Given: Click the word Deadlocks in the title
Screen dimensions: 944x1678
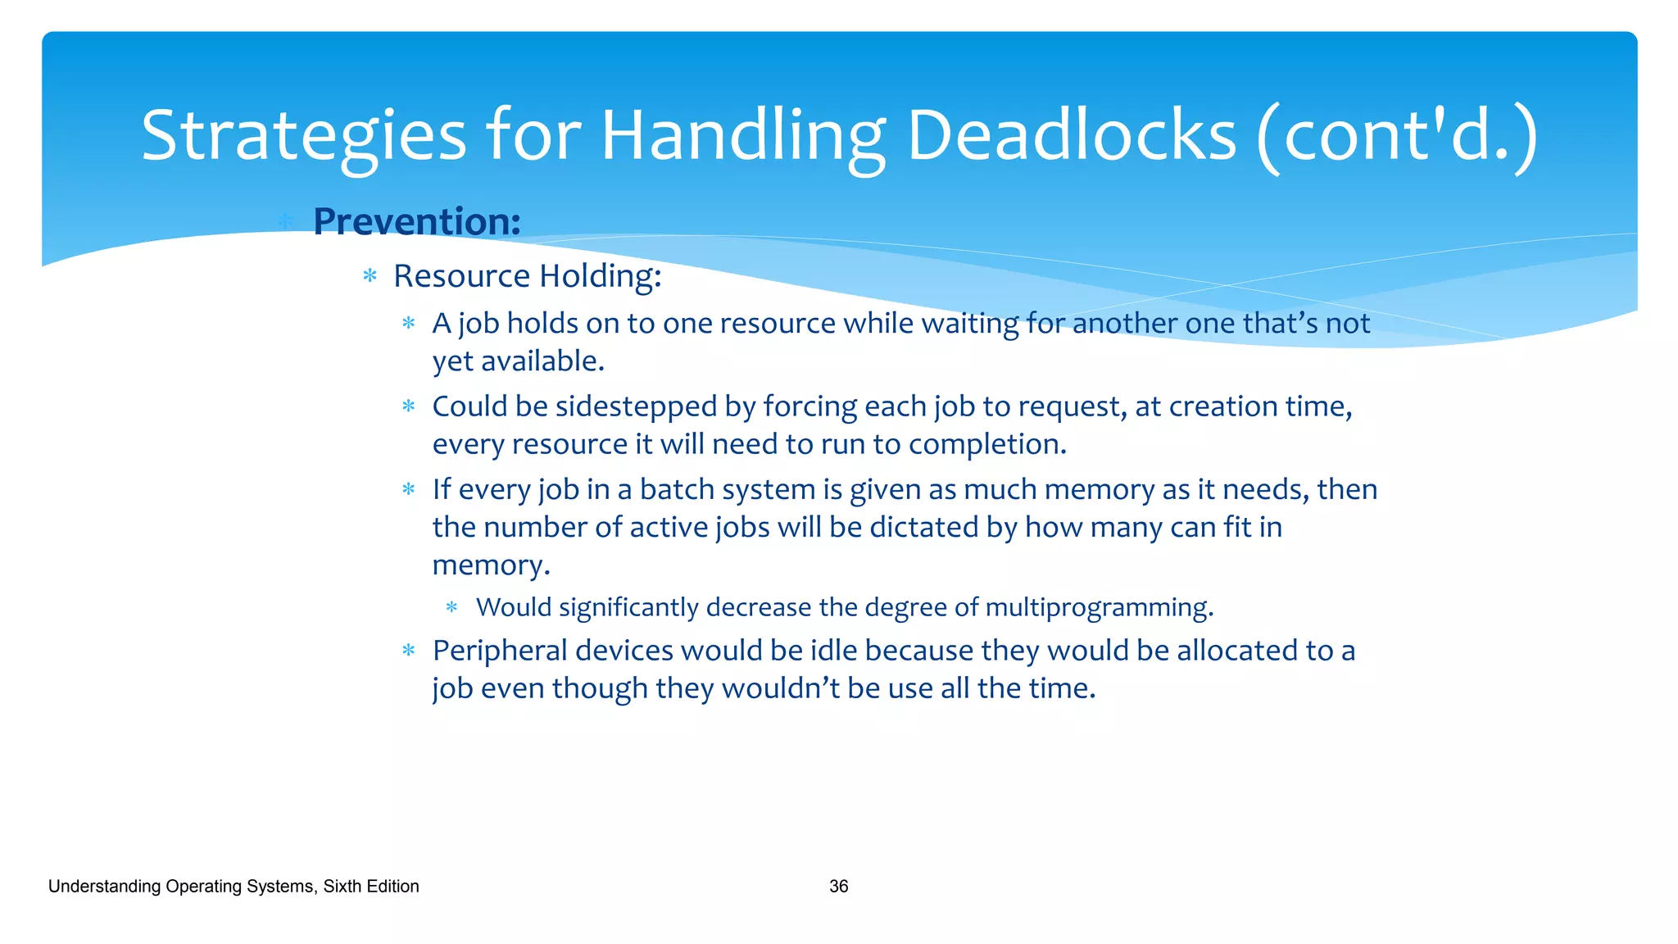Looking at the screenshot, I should (1070, 135).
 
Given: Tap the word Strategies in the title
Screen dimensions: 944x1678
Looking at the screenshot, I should (303, 135).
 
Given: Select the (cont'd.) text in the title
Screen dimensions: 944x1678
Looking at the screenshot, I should (1397, 135).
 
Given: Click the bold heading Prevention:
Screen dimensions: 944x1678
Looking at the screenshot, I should (416, 221).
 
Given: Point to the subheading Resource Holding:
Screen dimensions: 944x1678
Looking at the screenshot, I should (527, 276).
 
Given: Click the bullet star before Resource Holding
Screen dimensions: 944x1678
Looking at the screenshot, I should (370, 276).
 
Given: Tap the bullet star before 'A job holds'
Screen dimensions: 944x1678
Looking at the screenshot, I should (409, 324).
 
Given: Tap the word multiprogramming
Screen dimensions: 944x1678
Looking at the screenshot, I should (1098, 607).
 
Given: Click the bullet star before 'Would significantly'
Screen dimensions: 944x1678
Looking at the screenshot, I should (451, 607).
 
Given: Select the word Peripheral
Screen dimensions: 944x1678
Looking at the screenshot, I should (500, 651).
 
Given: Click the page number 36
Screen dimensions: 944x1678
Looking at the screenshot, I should (838, 887).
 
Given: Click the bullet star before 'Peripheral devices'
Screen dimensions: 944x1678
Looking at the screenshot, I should (409, 651).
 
